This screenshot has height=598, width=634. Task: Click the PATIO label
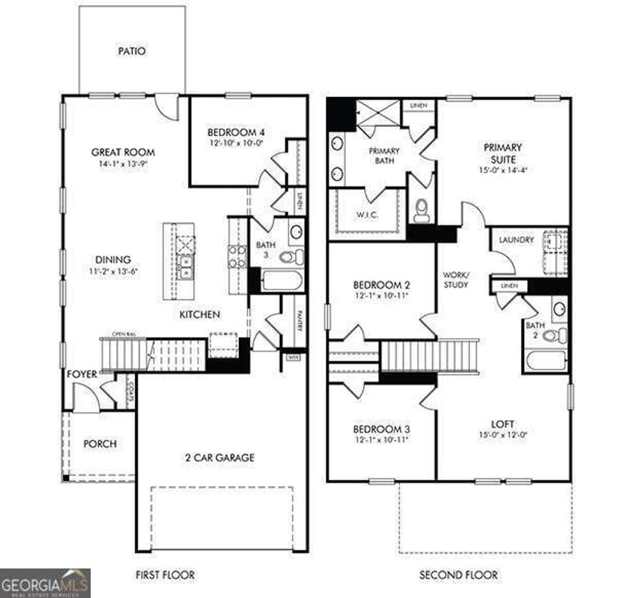coord(132,51)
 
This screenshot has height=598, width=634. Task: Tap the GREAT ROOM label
coord(123,152)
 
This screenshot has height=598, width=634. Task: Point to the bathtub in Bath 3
coord(282,282)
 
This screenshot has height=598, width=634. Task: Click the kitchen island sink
coord(185,266)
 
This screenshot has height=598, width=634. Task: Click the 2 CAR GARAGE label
coord(219,458)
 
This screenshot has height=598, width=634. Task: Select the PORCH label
coord(100,444)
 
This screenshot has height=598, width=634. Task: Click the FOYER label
coord(82,374)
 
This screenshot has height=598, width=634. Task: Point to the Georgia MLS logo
coord(45,583)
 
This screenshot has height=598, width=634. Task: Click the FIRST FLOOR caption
coord(165,575)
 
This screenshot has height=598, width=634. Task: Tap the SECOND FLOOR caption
coord(458,575)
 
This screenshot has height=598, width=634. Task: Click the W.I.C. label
coord(368,215)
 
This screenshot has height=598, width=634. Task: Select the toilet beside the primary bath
coord(422,210)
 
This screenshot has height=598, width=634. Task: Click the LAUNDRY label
coord(516,240)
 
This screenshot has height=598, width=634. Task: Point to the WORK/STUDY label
coord(456,279)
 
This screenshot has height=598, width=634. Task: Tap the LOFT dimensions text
coord(503,435)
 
